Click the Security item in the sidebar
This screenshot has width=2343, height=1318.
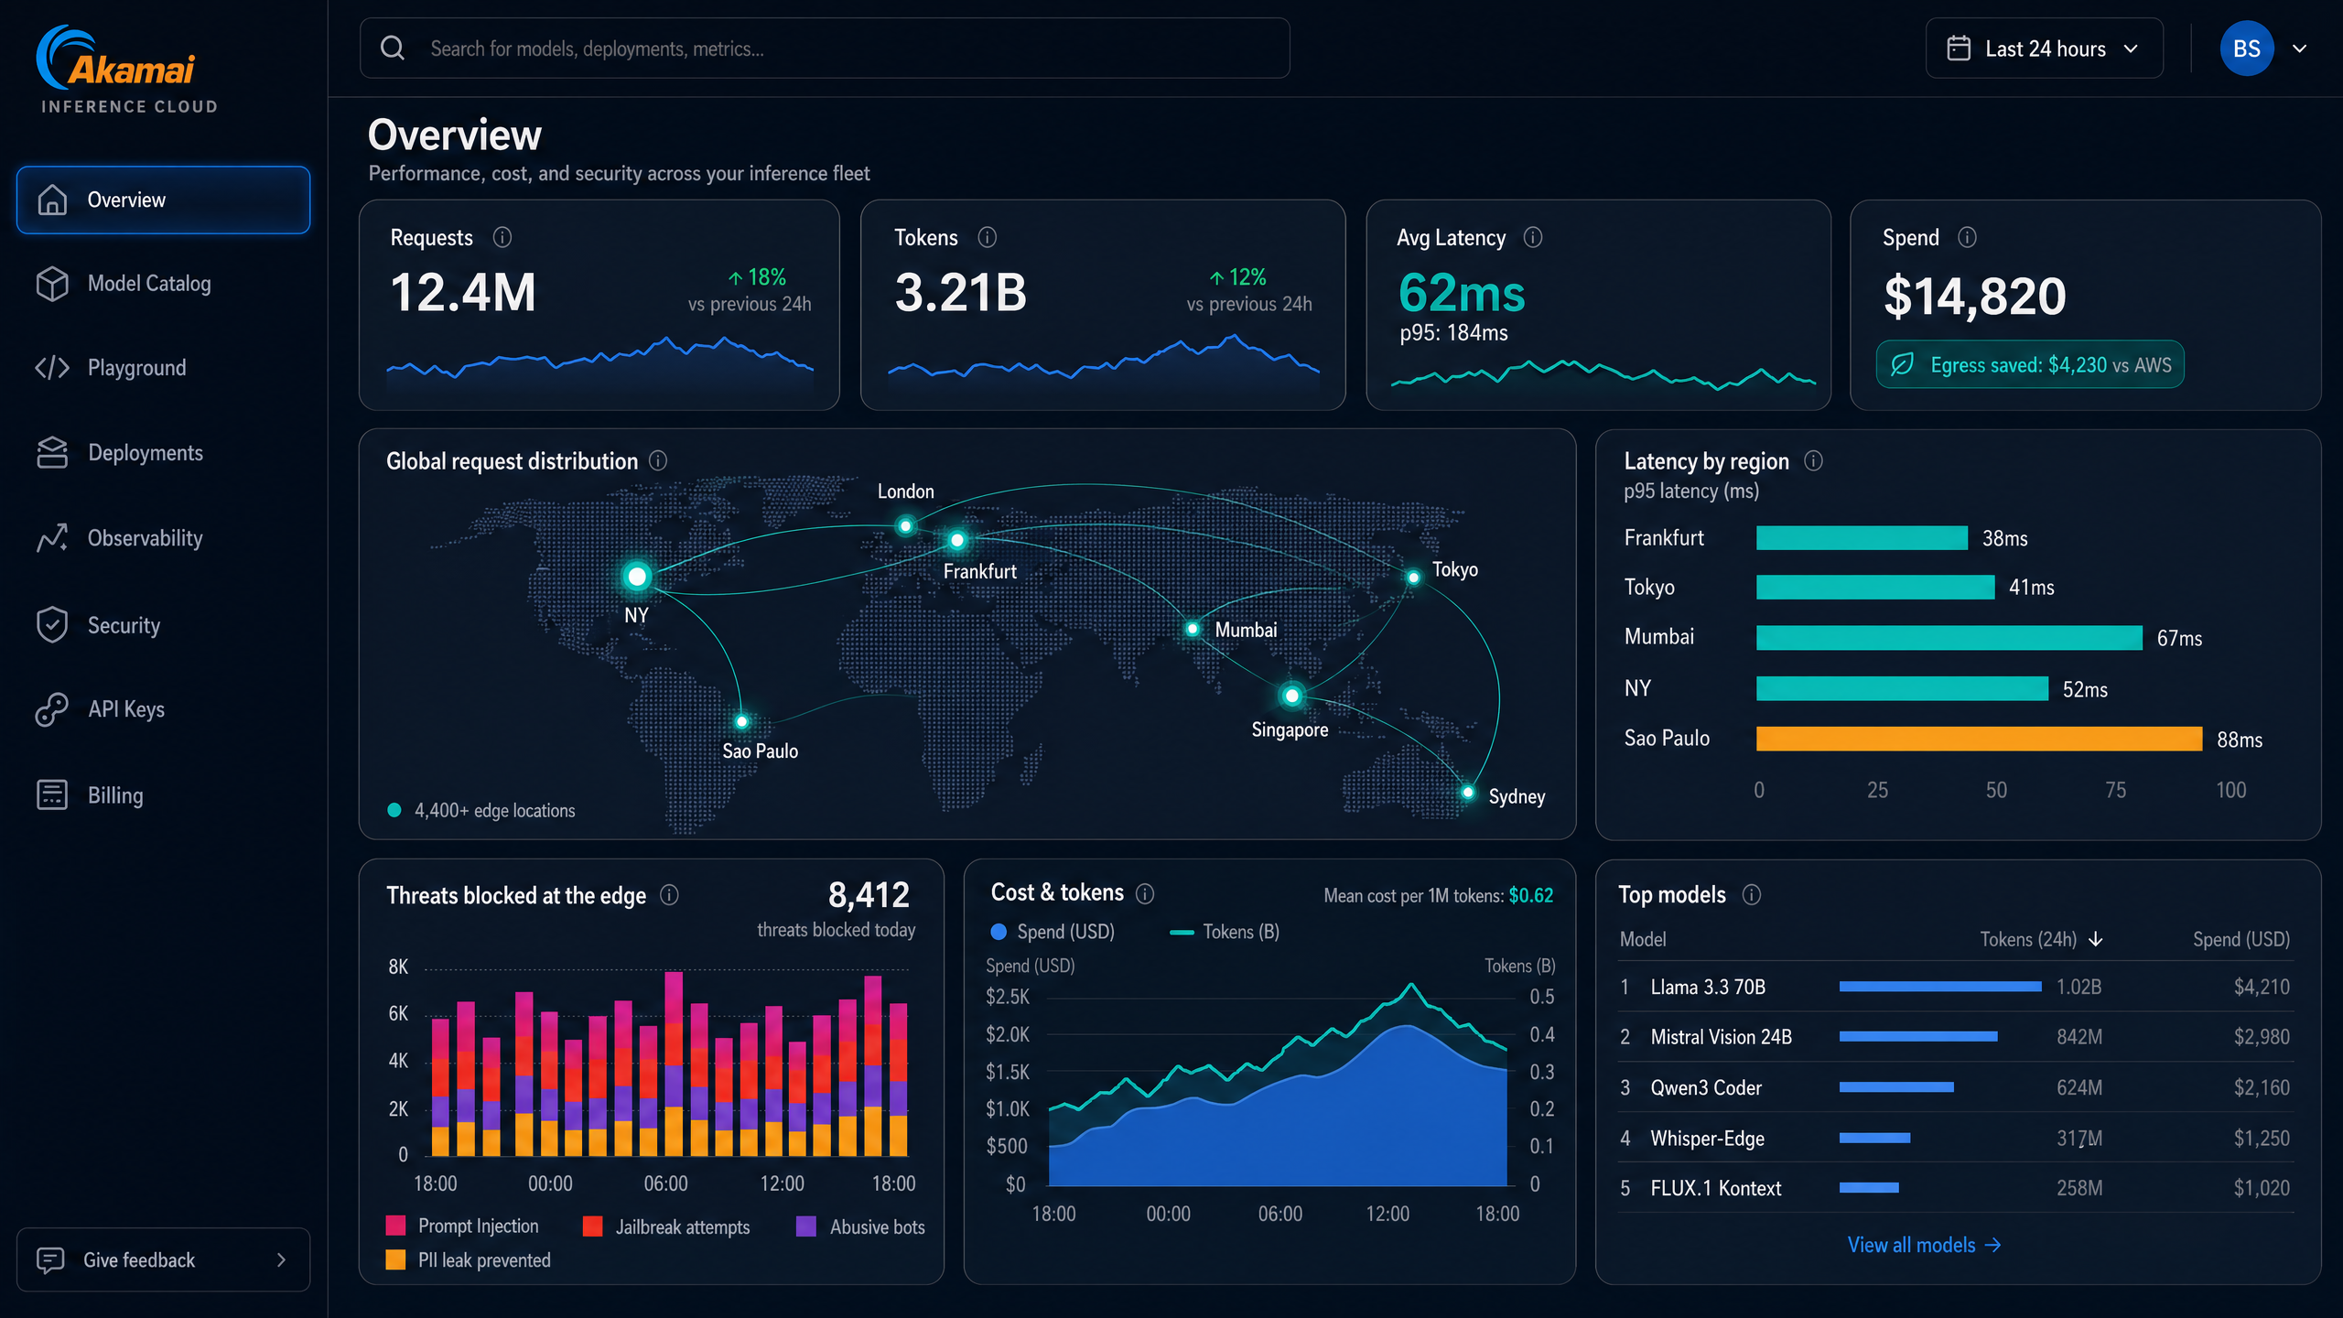pos(124,625)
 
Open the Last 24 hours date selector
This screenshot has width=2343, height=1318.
pos(2044,49)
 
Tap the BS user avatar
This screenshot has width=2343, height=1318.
pos(2247,49)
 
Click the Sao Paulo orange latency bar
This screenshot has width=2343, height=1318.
pos(1979,739)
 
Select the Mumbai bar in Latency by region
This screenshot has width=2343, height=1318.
pos(1949,637)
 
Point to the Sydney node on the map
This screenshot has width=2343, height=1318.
pos(1468,793)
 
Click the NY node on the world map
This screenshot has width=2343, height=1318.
pos(637,577)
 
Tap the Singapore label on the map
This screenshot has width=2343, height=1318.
pos(1290,729)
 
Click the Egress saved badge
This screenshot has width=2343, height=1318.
pos(2030,364)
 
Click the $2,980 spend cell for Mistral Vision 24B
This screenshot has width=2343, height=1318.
pos(2262,1037)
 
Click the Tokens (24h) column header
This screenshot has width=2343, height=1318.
pos(2041,939)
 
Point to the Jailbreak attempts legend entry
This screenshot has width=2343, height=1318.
pos(666,1226)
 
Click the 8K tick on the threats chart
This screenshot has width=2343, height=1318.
pos(398,967)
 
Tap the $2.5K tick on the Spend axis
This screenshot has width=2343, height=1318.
pos(1008,997)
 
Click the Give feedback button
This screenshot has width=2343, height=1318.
pos(164,1259)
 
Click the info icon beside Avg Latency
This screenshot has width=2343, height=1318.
pos(1533,238)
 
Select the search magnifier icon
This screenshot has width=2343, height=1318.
pos(393,48)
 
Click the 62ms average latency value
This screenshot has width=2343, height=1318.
pos(1462,293)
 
